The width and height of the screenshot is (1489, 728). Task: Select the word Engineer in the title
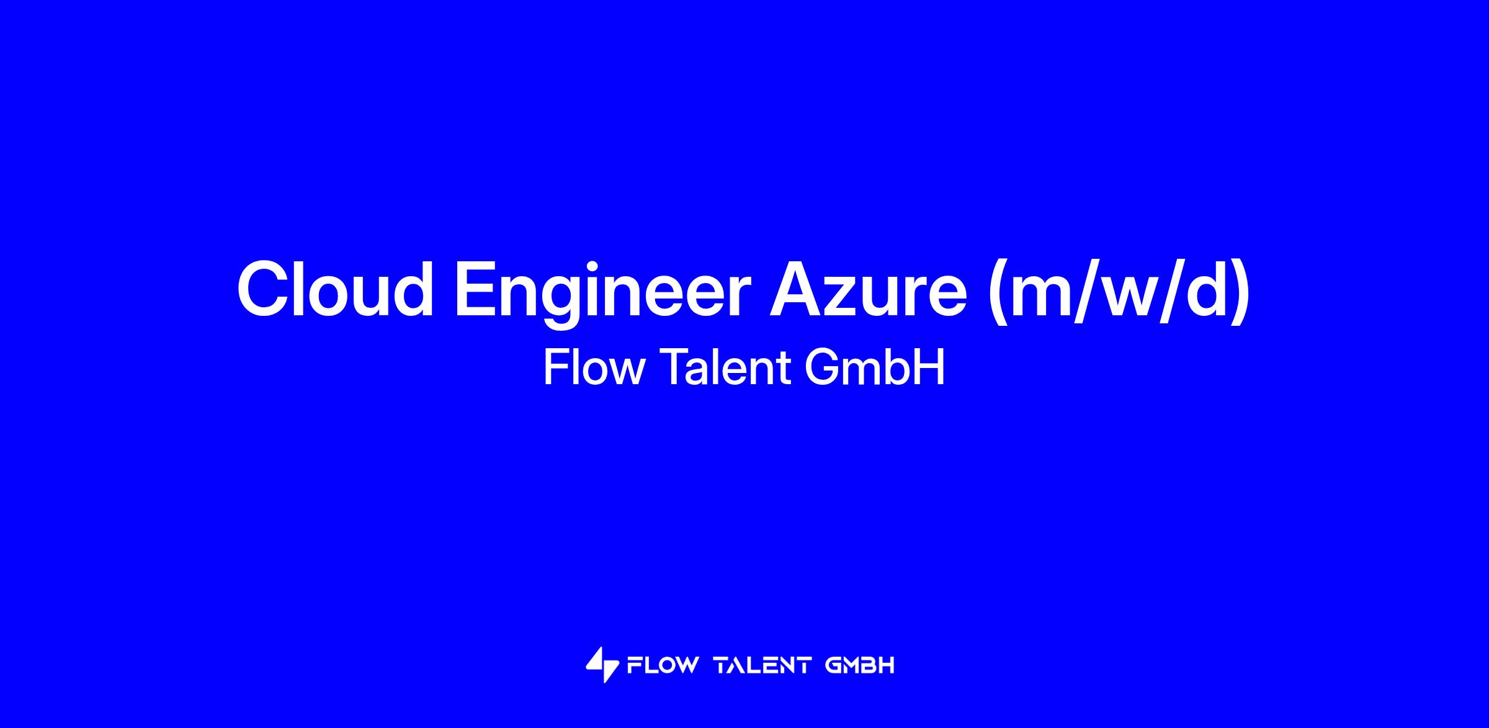point(603,293)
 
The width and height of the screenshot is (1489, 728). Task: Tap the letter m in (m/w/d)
point(1044,296)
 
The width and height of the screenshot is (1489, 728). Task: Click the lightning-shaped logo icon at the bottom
point(602,665)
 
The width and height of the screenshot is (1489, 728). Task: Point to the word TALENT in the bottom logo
point(764,666)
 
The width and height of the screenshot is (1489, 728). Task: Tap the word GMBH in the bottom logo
point(861,666)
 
